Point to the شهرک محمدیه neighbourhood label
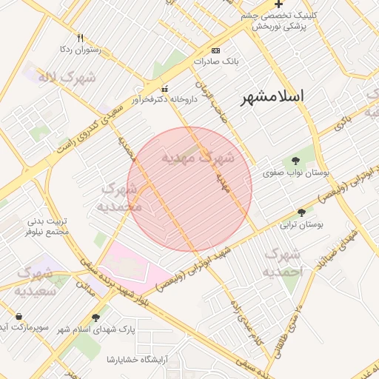120,197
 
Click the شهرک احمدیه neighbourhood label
282,263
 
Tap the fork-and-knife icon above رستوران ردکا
80,38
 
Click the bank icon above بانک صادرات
215,50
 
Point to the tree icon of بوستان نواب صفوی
295,161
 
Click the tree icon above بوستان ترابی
301,212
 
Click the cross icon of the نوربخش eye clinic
278,4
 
